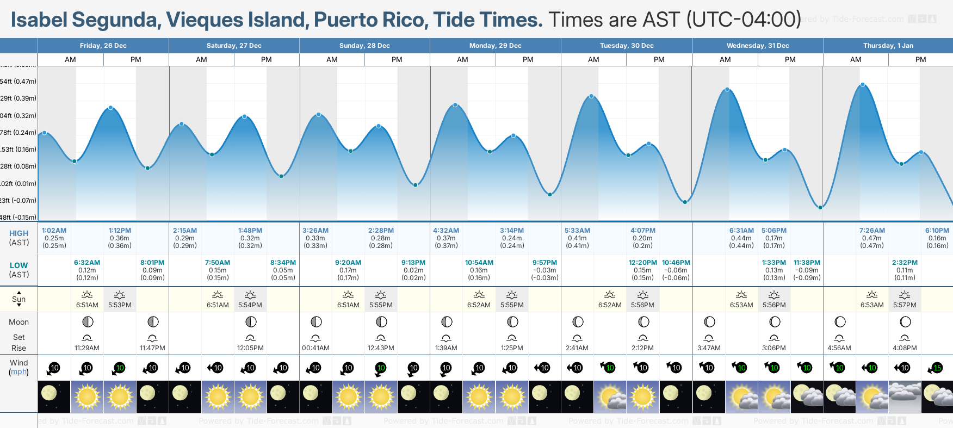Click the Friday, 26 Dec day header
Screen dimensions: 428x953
103,46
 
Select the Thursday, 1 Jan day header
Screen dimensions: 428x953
888,46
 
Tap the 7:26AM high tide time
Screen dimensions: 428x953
871,231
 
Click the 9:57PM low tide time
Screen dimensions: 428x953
544,263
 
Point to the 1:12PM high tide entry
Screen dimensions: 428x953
120,231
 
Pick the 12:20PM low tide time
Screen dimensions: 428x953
642,263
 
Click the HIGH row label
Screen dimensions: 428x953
18,233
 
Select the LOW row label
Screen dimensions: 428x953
18,265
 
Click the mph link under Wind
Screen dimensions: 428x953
18,372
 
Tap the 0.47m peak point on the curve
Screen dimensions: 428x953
863,85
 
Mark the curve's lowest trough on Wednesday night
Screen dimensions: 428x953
820,207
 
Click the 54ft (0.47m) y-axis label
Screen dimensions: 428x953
18,82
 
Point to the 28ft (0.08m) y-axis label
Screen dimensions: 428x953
18,166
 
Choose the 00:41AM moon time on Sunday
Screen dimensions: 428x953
315,348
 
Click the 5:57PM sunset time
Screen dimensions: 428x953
905,305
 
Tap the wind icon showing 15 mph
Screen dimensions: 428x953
937,368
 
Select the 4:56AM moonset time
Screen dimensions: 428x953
839,348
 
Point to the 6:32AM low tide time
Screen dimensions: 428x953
87,263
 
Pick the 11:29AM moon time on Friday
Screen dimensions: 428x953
87,348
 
